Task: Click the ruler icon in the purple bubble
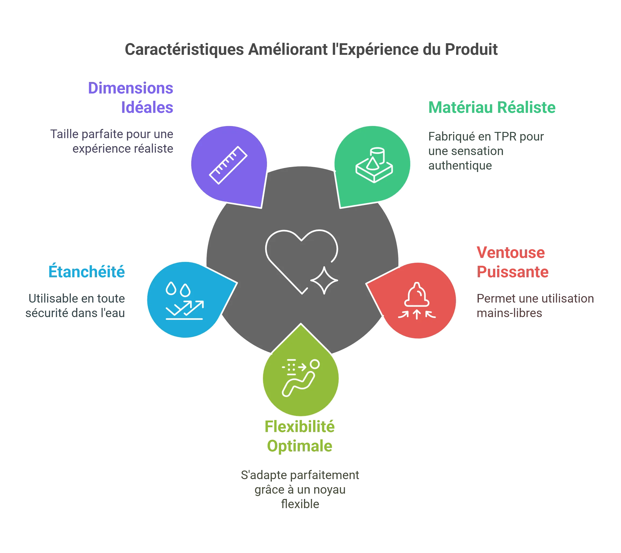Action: [x=228, y=165]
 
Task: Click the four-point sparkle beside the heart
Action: [x=324, y=281]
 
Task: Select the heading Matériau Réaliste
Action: [x=492, y=107]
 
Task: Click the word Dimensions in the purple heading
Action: [x=131, y=88]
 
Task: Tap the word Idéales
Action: [x=147, y=107]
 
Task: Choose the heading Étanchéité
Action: [x=86, y=271]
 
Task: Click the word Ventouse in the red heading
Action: [x=511, y=253]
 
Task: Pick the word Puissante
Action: [x=512, y=272]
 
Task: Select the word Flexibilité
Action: [x=300, y=426]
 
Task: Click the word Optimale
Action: [x=300, y=446]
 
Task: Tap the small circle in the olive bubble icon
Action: [x=315, y=364]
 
